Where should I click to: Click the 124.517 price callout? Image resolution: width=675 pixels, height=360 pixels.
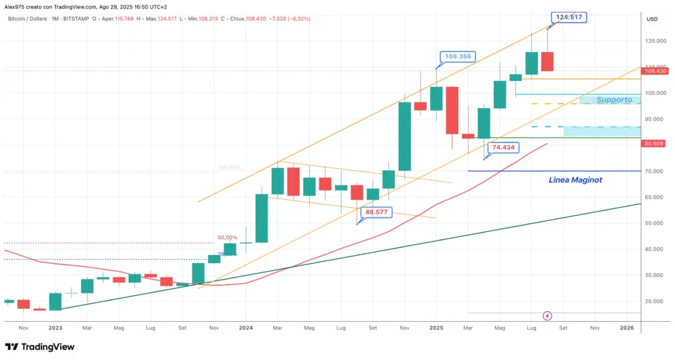[x=570, y=16]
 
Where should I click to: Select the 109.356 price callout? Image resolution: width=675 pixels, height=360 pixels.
[x=457, y=57]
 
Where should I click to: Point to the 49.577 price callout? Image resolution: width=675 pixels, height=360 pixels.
[x=377, y=212]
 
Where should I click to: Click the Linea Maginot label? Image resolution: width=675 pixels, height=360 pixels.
[x=575, y=179]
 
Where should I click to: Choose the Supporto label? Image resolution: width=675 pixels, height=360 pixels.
[x=614, y=100]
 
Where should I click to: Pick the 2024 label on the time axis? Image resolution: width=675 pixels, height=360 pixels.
[x=246, y=327]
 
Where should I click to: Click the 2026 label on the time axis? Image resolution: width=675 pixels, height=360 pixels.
[x=627, y=327]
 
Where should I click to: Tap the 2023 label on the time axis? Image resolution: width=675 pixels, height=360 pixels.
[x=55, y=327]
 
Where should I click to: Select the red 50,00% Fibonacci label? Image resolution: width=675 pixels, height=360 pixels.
[x=227, y=237]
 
